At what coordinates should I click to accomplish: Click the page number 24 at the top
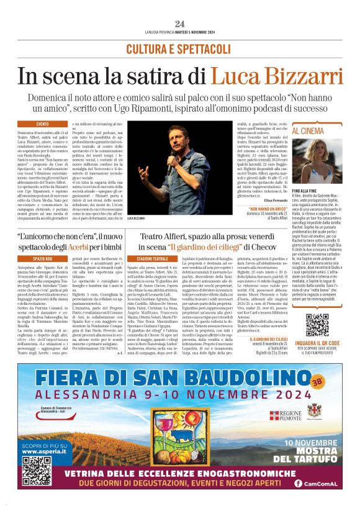tap(180, 24)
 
